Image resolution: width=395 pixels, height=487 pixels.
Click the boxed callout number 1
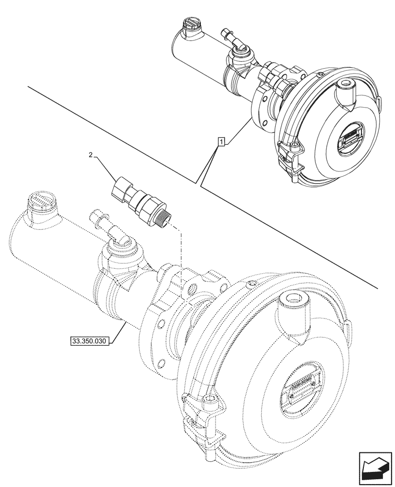[221, 142]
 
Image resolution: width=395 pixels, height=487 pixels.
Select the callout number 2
[91, 155]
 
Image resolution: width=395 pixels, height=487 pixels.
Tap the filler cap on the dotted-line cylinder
[43, 202]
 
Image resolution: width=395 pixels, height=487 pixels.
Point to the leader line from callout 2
[105, 166]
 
